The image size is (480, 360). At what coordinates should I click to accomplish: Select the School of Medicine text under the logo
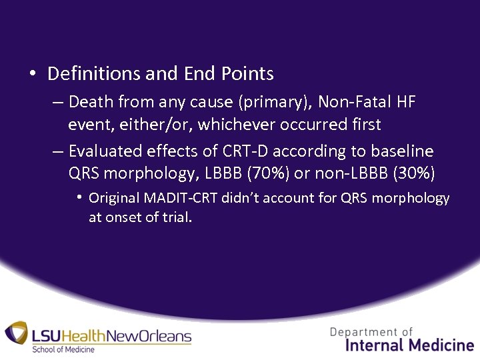pos(63,349)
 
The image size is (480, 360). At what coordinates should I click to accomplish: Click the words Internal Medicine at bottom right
pos(409,345)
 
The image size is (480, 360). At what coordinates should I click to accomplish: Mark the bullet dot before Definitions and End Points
pos(33,73)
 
